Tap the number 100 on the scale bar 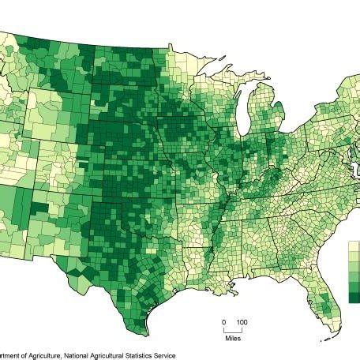242,323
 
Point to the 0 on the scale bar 223,323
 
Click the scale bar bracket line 233,330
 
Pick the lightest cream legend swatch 353,246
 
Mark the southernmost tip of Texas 144,332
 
